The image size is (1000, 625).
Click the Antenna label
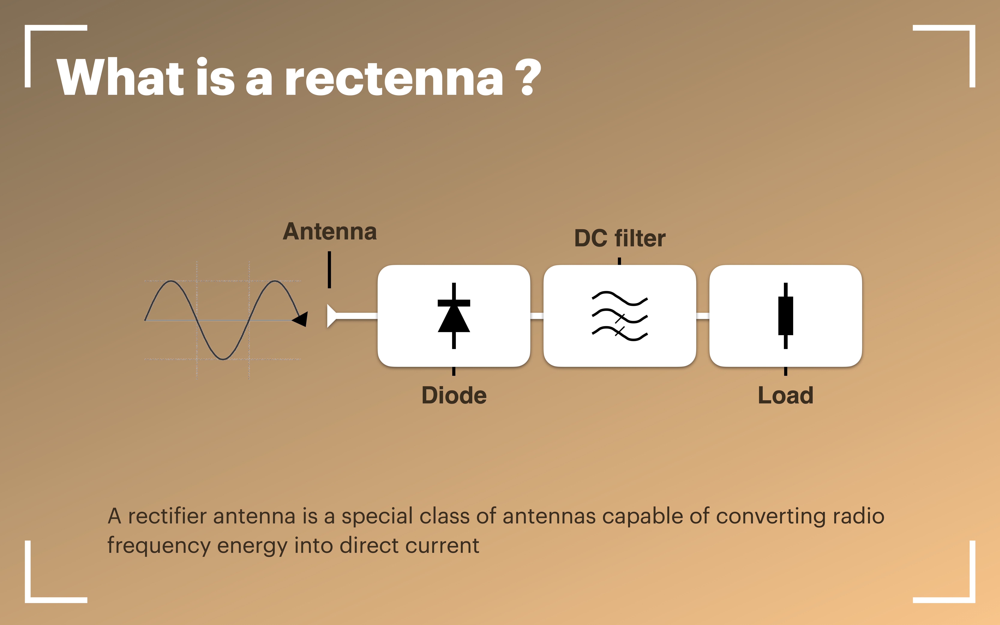[x=330, y=231]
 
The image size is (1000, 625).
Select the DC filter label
[x=620, y=239]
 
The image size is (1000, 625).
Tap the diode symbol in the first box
[x=454, y=316]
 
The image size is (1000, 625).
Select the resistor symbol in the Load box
[x=785, y=316]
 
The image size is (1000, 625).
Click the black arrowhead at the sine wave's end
[x=300, y=319]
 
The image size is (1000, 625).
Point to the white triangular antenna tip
[x=331, y=316]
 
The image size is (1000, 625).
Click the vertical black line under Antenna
[x=329, y=269]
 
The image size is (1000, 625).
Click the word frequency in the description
[x=159, y=546]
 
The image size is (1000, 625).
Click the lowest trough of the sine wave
[x=223, y=359]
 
